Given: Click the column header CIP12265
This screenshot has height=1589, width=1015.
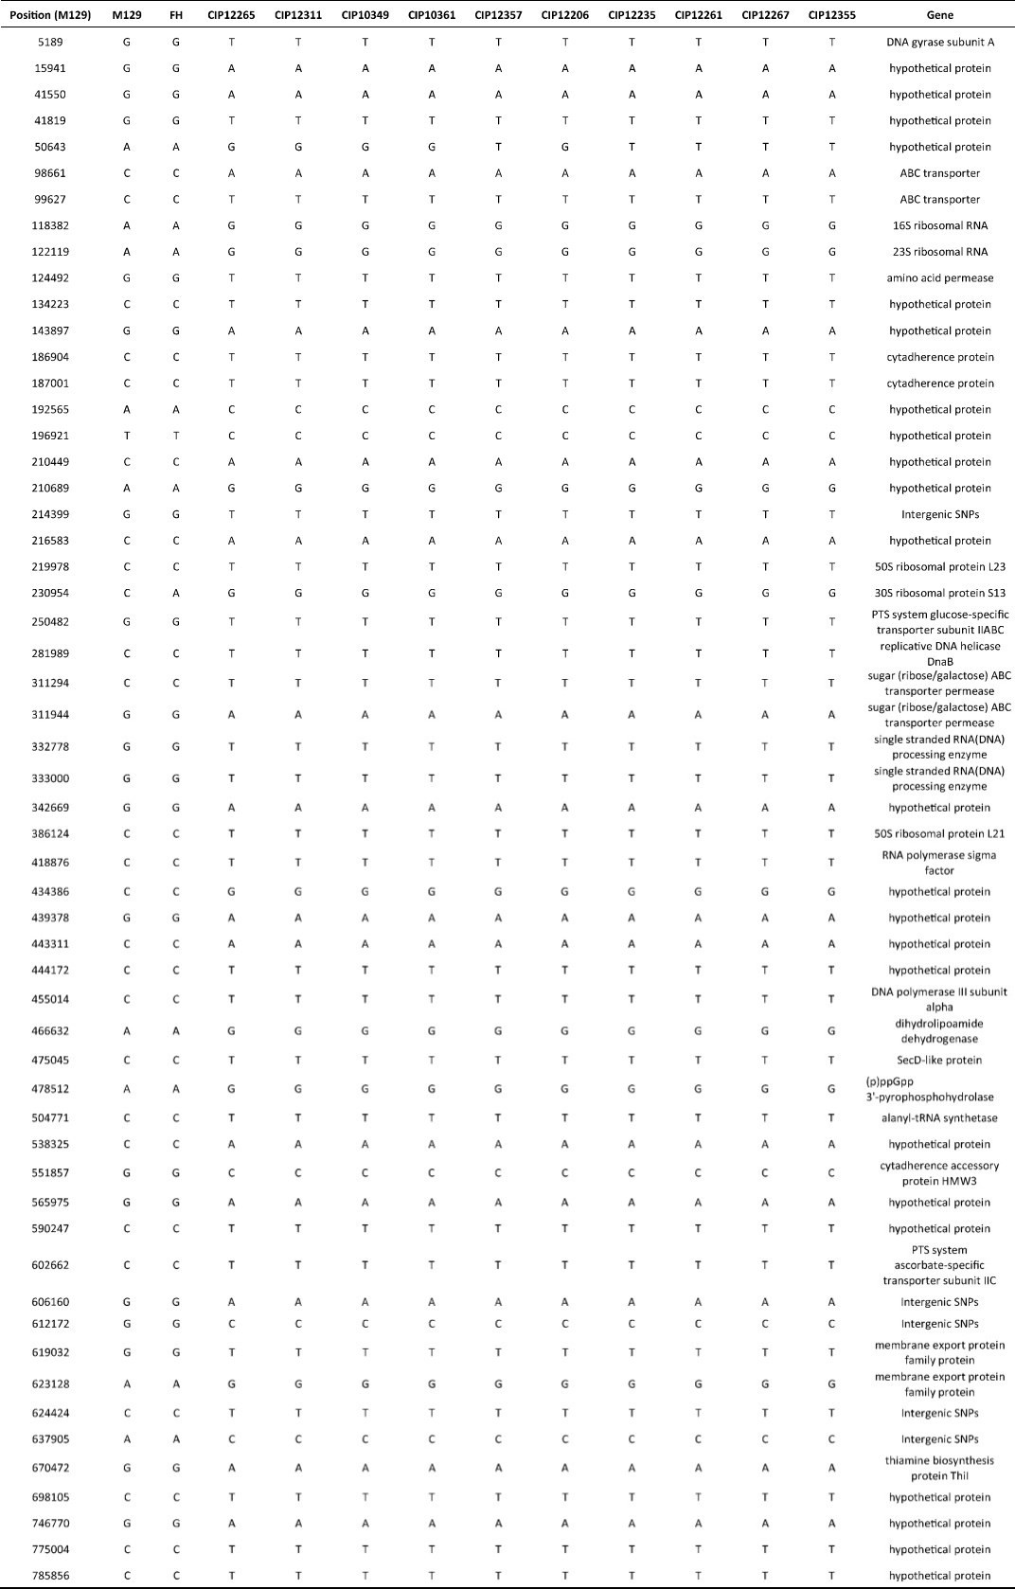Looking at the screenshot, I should click(x=231, y=15).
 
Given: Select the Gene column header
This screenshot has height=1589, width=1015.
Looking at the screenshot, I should click(x=939, y=15).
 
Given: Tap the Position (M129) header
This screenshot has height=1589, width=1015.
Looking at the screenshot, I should click(x=50, y=15).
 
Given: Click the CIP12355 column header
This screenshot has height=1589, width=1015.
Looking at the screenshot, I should click(x=831, y=15).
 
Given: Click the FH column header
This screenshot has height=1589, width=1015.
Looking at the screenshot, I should click(x=175, y=15).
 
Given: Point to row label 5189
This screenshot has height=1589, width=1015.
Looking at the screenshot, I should click(x=50, y=42).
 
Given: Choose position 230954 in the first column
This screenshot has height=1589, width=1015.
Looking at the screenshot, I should click(x=50, y=593).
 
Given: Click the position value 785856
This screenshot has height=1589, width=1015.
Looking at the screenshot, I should click(x=50, y=1576).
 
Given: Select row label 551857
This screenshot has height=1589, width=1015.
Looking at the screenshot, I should click(x=50, y=1172).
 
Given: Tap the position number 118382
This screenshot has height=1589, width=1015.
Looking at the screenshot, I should click(x=50, y=225).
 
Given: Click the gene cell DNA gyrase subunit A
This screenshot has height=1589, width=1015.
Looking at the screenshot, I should click(x=939, y=42).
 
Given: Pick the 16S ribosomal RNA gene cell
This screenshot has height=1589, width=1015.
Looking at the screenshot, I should click(x=939, y=225).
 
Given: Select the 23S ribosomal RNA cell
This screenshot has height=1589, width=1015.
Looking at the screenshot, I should click(x=939, y=252).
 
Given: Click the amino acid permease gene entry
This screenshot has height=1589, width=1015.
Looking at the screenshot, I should click(x=939, y=278).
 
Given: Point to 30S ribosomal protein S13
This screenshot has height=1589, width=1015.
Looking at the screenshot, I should click(x=939, y=593).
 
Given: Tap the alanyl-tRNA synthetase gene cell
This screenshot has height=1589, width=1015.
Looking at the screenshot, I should click(x=939, y=1117).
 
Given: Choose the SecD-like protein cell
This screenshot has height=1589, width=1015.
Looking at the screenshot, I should click(x=939, y=1060).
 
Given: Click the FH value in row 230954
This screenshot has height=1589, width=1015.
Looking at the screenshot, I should click(x=175, y=593).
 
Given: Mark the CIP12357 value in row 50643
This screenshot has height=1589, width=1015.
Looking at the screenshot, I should click(x=498, y=147).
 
